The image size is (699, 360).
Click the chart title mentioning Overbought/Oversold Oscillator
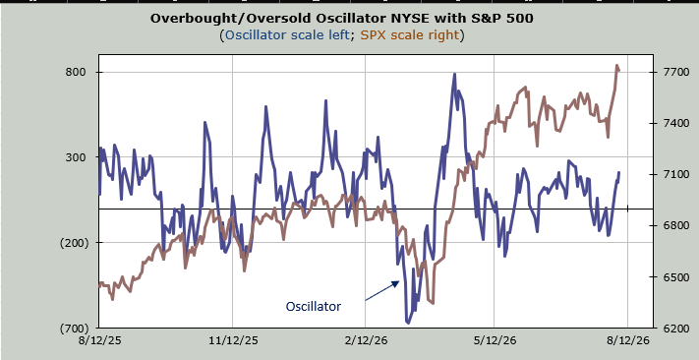[x=341, y=19]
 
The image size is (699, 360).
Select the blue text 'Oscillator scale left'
[x=287, y=34]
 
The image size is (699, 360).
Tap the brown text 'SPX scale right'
[x=410, y=34]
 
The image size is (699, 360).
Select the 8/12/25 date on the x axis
[x=99, y=340]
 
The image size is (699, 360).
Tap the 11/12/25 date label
[x=234, y=340]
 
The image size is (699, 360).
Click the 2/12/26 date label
[x=366, y=340]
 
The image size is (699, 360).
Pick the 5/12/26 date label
[x=494, y=340]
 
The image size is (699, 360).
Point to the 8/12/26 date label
[x=628, y=340]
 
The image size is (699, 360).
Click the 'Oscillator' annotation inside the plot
[x=314, y=307]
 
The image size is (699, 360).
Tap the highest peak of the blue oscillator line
[x=454, y=74]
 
